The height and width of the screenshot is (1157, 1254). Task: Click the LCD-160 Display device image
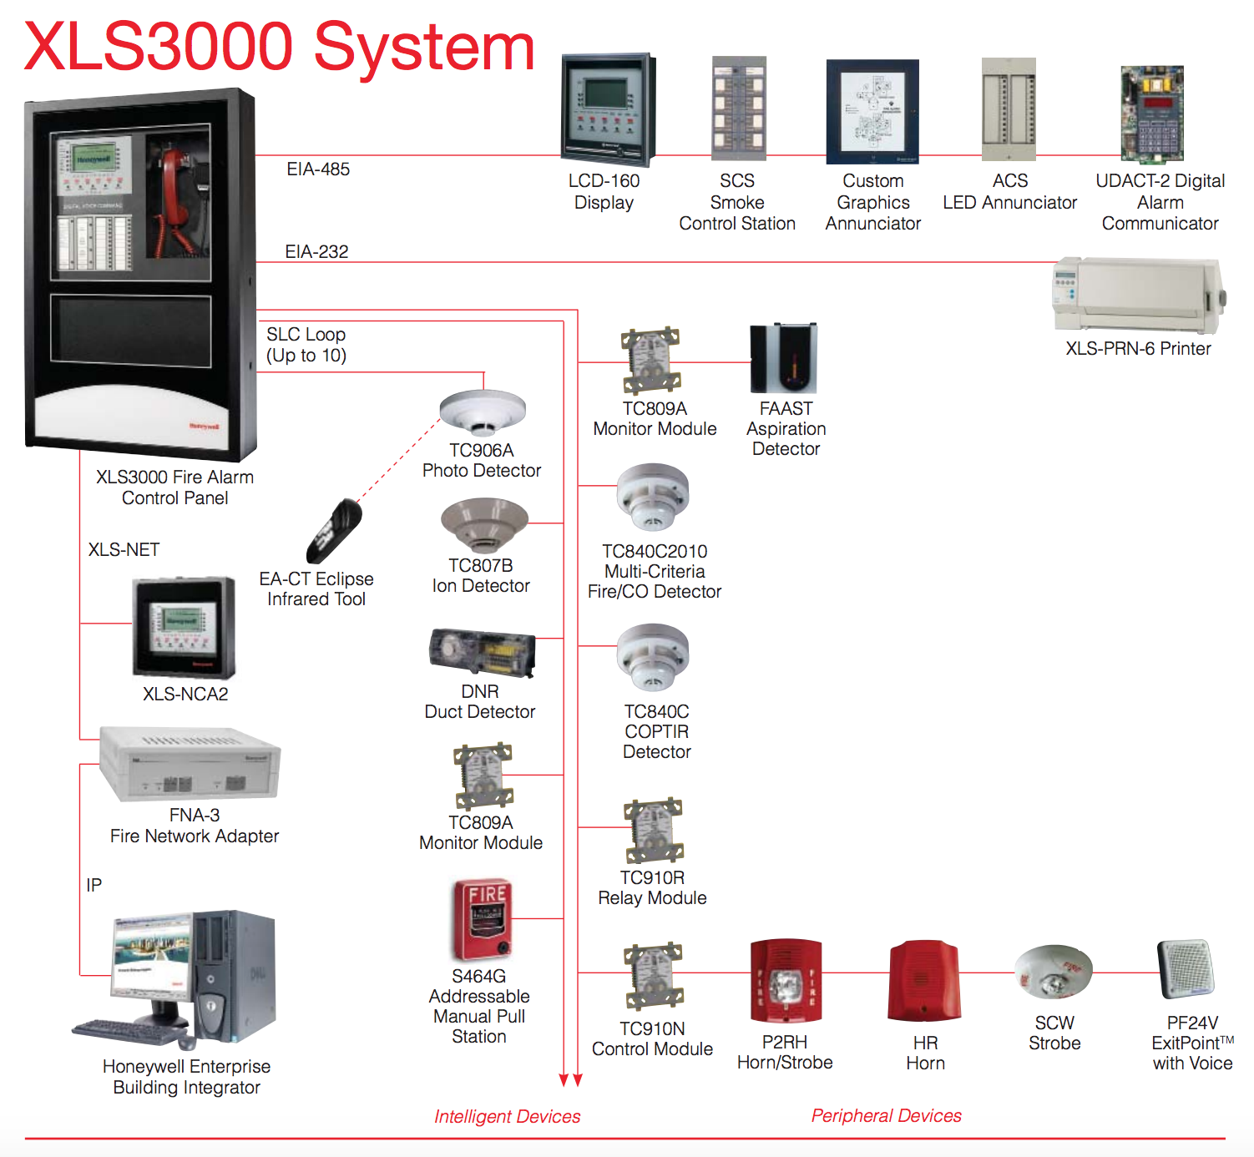pos(607,109)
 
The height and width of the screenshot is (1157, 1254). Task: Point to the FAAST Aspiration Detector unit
pos(783,358)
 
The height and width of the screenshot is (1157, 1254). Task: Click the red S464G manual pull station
pos(482,919)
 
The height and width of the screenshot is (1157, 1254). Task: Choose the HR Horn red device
pos(924,982)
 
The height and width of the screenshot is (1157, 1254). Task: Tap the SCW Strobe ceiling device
pos(1054,973)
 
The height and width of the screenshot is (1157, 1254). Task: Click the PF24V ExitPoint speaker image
pos(1186,969)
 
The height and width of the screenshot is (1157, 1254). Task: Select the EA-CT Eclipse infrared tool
pos(334,530)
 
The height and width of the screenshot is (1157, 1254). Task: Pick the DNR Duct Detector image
pos(482,652)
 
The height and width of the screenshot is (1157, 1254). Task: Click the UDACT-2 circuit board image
pos(1152,114)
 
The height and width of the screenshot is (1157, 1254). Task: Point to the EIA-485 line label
pos(318,169)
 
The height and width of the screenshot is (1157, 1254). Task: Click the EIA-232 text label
pos(316,251)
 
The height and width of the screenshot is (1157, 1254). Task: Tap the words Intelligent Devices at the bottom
pos(507,1116)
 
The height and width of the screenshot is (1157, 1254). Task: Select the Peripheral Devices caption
pos(886,1115)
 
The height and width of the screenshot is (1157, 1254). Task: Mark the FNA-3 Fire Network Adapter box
pos(190,764)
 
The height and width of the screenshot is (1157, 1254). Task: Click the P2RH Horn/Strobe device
pos(785,982)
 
